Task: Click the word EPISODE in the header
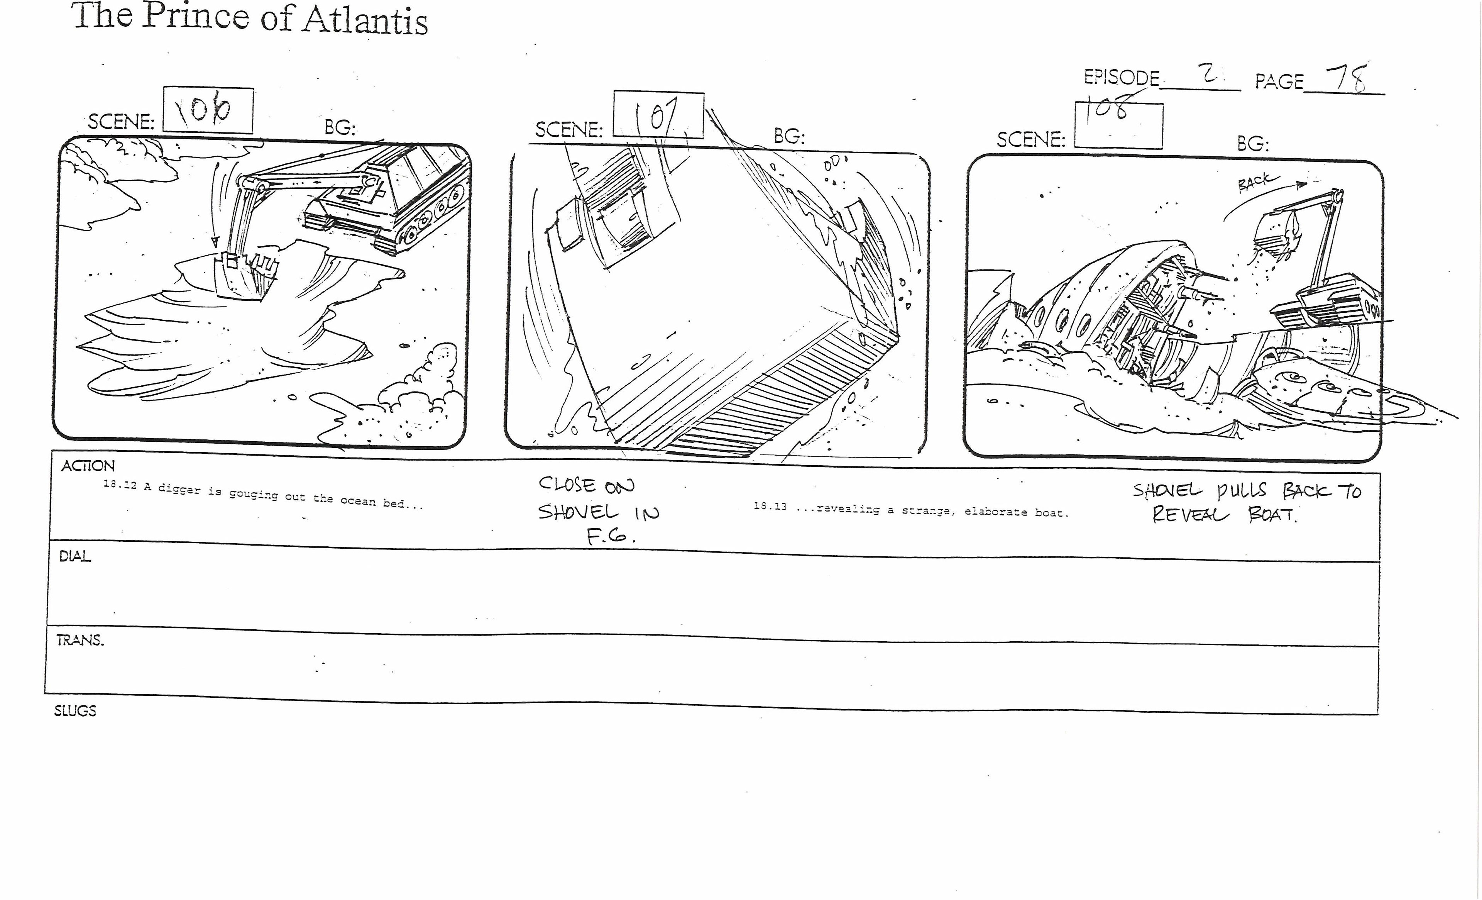[x=1121, y=78]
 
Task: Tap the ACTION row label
[x=88, y=466]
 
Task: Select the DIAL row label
[x=74, y=556]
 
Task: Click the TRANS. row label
[x=80, y=640]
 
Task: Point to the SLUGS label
[x=75, y=710]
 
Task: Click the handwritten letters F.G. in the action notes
[x=611, y=537]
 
